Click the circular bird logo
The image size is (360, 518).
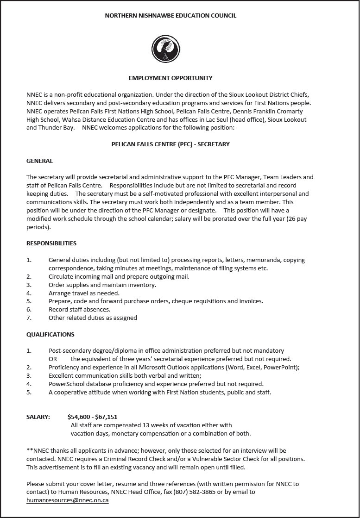pos(165,47)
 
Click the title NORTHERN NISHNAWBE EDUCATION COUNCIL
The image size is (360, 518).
pos(171,16)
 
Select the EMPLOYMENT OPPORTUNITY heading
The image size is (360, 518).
pos(171,78)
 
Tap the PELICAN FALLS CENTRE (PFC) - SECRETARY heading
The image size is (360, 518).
pos(171,144)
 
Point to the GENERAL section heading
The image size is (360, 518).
pos(39,161)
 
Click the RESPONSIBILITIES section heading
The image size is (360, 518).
pos(51,243)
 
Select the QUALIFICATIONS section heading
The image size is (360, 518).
pos(50,335)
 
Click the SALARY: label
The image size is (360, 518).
pos(38,417)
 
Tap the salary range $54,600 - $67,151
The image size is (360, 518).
pos(92,417)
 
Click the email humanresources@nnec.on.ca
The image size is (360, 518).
pos(68,501)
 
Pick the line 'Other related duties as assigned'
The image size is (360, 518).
pos(93,318)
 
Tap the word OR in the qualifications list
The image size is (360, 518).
pos(53,359)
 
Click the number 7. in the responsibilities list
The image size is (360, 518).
pos(29,318)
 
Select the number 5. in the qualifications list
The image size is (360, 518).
pos(29,393)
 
